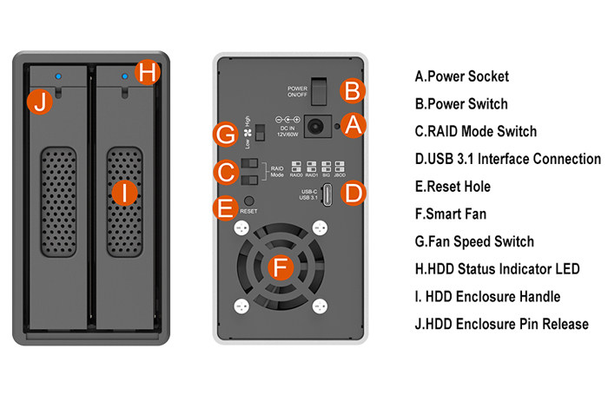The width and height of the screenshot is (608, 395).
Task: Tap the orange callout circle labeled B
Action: click(x=352, y=90)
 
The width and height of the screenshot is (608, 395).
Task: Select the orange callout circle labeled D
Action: click(x=352, y=194)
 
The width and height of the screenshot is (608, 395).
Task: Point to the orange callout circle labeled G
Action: click(x=226, y=135)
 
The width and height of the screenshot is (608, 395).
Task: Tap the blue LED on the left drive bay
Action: click(x=57, y=75)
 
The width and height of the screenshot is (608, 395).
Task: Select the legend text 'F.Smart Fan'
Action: click(x=455, y=214)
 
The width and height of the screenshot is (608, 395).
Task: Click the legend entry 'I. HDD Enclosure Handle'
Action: click(x=487, y=297)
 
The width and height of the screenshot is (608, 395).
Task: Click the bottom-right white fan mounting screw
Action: click(x=321, y=306)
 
